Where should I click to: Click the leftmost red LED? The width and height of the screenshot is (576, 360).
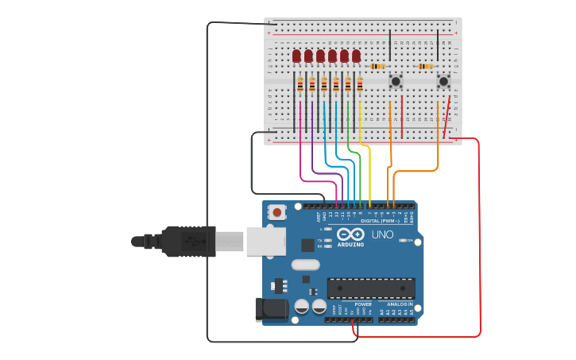296,56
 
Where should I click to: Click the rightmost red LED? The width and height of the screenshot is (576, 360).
356,56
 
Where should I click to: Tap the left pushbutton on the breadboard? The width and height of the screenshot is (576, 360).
395,80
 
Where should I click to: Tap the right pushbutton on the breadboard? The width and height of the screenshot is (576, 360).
443,80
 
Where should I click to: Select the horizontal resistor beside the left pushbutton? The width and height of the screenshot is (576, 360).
378,66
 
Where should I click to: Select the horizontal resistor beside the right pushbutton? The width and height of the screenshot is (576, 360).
427,66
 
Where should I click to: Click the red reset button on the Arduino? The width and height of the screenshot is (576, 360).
276,212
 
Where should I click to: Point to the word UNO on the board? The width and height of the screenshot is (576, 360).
383,234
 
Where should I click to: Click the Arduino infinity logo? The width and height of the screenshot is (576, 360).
350,234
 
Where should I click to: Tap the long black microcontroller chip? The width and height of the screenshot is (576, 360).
370,288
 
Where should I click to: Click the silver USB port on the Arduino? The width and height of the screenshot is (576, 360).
265,241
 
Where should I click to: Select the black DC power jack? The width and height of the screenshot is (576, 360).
270,309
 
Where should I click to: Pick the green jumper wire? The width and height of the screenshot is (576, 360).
360,171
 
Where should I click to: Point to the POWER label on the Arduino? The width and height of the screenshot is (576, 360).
363,304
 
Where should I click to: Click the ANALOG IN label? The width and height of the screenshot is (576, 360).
399,304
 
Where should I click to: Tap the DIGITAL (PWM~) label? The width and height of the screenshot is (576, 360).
379,220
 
